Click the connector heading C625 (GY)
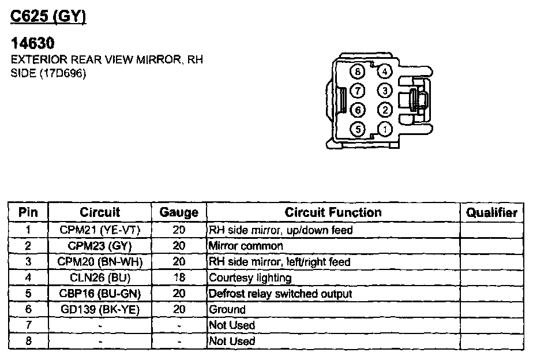[48, 17]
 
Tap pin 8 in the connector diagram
[358, 72]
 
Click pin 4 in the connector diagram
[385, 72]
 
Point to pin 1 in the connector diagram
[385, 129]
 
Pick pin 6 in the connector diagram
[358, 110]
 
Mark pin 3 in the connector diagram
[385, 91]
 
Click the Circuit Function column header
[333, 212]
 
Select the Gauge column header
[179, 212]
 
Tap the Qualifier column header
[491, 212]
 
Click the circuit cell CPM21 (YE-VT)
[100, 230]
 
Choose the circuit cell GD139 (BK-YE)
[100, 309]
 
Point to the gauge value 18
[179, 277]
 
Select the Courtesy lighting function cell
[250, 277]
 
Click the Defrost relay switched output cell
[280, 294]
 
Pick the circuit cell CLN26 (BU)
[100, 277]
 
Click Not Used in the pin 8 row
[232, 341]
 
